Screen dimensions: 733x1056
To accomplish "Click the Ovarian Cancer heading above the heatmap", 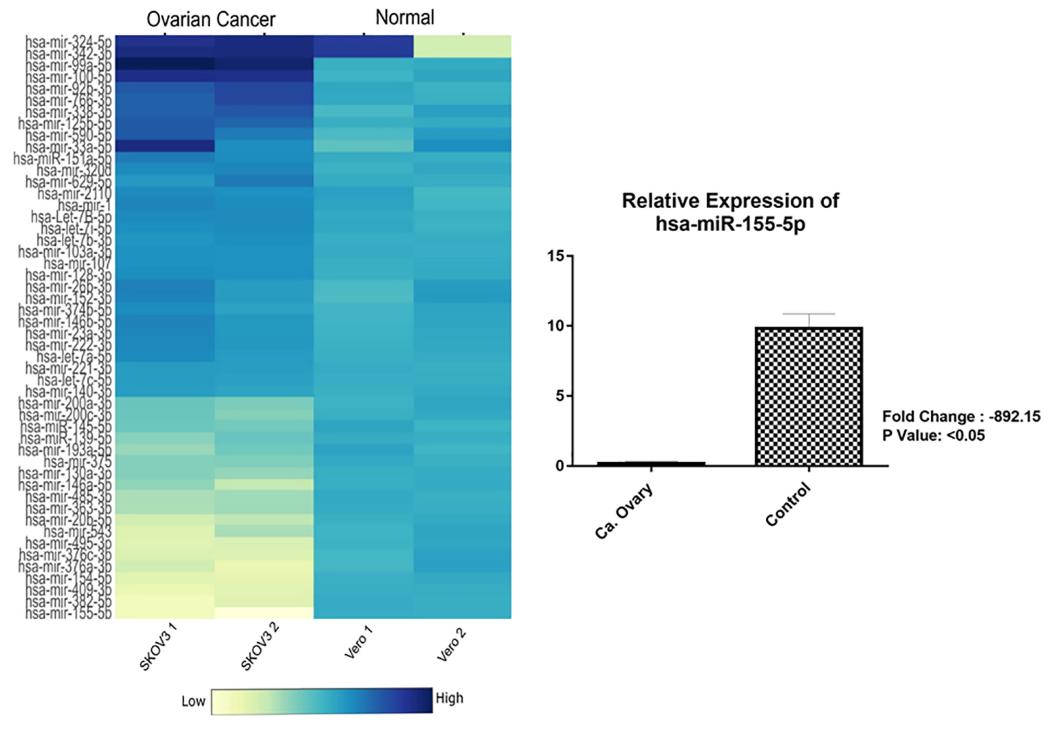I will click(211, 20).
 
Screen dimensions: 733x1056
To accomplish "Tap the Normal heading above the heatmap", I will click(405, 18).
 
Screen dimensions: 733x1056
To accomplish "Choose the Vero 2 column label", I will click(451, 645).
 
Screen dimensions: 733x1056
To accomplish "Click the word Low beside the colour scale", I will click(193, 701).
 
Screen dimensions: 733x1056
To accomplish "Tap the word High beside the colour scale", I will click(449, 698).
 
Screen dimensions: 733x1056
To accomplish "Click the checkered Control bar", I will click(809, 396).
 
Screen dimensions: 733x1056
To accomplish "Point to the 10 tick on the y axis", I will click(556, 326).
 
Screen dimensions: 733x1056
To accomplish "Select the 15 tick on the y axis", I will click(556, 256).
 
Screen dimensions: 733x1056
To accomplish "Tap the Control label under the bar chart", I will click(788, 504).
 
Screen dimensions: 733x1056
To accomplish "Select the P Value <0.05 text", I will click(933, 435).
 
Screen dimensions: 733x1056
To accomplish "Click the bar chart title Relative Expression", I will click(730, 201).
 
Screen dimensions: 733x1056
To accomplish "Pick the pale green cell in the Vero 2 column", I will click(462, 46).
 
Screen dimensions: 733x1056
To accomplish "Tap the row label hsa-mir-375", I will click(77, 461).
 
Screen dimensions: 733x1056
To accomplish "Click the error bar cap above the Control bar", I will click(809, 314).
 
